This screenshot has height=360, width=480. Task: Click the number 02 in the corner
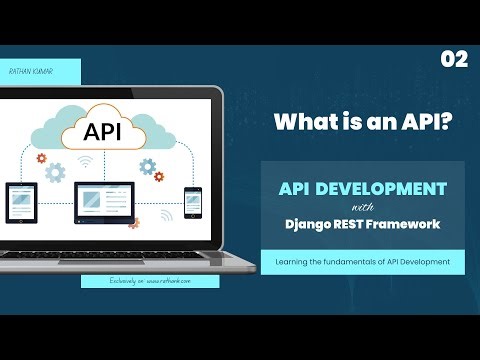tap(453, 60)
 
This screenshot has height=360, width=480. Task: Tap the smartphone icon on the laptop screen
tap(192, 203)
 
